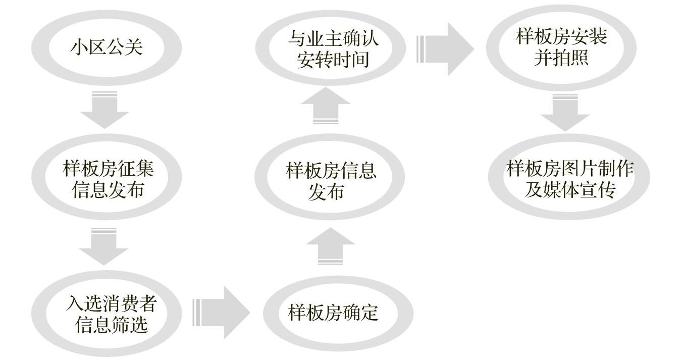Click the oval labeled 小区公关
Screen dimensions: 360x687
pos(107,47)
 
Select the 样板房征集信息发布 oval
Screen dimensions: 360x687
pos(108,179)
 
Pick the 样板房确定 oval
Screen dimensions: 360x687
pos(334,313)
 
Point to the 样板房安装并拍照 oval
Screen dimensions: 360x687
pos(561,47)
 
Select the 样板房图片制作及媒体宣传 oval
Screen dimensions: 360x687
pos(569,179)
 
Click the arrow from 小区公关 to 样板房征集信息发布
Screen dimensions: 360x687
pos(105,110)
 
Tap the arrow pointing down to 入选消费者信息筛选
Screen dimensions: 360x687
pos(104,246)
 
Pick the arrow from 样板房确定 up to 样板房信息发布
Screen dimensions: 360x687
pos(331,246)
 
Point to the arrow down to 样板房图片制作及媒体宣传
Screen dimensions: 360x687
pos(565,112)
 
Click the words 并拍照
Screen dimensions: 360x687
pos(561,59)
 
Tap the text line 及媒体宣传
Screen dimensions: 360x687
pos(569,190)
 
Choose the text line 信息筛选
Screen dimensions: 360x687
pos(111,325)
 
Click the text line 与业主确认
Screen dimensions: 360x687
pos(333,38)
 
